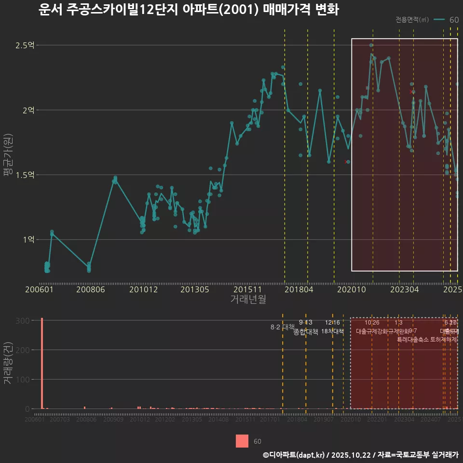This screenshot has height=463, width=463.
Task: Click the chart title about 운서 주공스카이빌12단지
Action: pos(188,10)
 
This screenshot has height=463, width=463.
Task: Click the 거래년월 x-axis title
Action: pos(248,300)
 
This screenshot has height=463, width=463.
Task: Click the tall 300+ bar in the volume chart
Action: pos(42,364)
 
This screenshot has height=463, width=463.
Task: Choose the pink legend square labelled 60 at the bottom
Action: pos(242,441)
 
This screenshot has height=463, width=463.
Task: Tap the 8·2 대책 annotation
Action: pos(283,327)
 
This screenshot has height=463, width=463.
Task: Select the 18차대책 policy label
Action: pos(332,331)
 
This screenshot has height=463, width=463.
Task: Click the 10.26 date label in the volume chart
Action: pos(372,323)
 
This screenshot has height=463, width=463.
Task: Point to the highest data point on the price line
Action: pos(371,45)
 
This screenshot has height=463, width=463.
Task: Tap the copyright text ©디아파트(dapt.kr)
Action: pos(294,455)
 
